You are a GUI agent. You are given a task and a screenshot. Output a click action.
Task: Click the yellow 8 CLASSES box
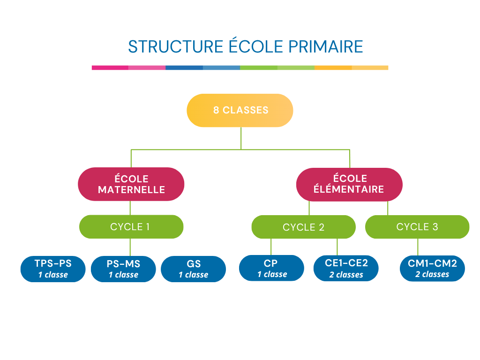tap(240, 111)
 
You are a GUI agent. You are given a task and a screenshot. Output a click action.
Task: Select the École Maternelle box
tap(131, 184)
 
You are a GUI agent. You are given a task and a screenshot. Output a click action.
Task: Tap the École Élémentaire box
tap(349, 184)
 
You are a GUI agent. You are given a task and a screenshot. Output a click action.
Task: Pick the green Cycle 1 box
tap(131, 227)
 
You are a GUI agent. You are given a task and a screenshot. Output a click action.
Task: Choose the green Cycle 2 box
tap(303, 227)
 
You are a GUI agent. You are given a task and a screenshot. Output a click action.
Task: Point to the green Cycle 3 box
tap(417, 227)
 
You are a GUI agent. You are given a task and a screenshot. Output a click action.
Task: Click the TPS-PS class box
tap(53, 269)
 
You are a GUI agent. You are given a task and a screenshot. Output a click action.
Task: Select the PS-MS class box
tap(123, 269)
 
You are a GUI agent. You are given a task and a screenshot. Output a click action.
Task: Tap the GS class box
tap(193, 269)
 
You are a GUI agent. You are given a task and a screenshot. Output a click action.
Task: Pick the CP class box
tap(271, 268)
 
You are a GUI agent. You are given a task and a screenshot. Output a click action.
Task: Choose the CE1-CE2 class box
tap(346, 268)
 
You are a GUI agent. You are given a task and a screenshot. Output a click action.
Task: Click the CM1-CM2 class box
tap(432, 268)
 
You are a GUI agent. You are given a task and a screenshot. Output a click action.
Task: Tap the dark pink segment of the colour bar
tap(110, 67)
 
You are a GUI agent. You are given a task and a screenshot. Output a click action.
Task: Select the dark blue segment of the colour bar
tap(184, 67)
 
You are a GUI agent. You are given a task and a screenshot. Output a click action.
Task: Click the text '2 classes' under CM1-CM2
tap(432, 275)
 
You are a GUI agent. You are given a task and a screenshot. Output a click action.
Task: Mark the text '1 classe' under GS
tap(193, 275)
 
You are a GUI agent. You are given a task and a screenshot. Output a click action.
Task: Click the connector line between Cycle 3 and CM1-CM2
tap(418, 247)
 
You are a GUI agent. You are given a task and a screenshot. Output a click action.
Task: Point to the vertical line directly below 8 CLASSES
tap(241, 138)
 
